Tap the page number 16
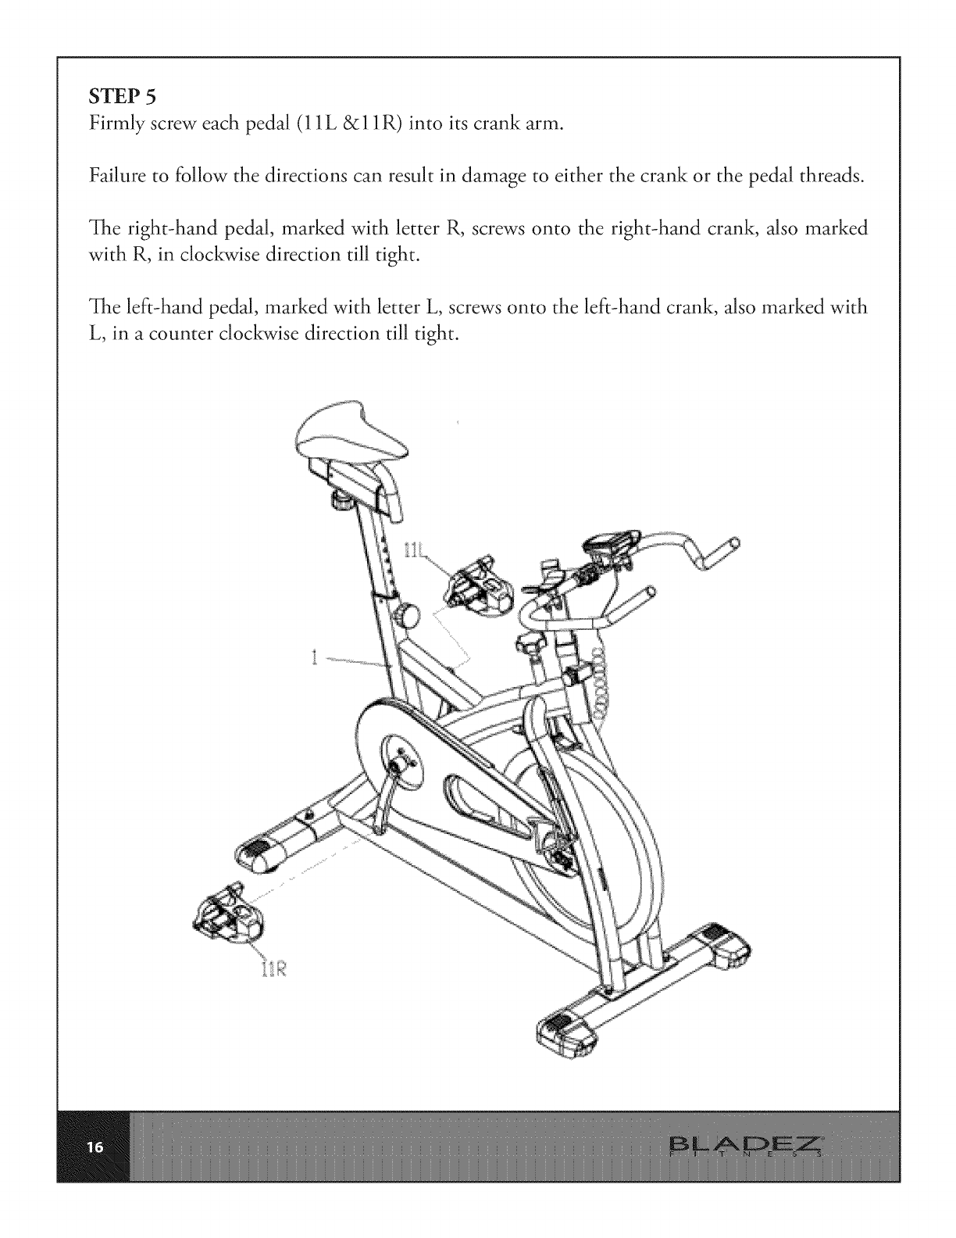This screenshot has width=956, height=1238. point(95,1147)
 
